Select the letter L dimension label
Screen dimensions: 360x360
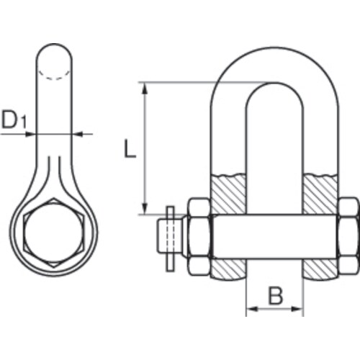coord(129,149)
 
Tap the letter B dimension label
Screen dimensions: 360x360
coord(274,294)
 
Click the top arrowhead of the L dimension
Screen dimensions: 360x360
coord(145,87)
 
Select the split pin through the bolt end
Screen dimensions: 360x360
coord(168,237)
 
